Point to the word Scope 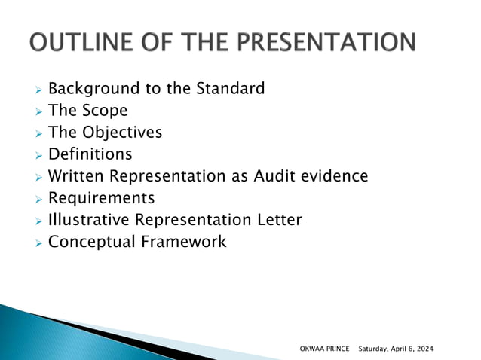coord(104,111)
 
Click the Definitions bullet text coord(90,154)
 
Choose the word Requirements coord(101,198)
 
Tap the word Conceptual coord(90,242)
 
